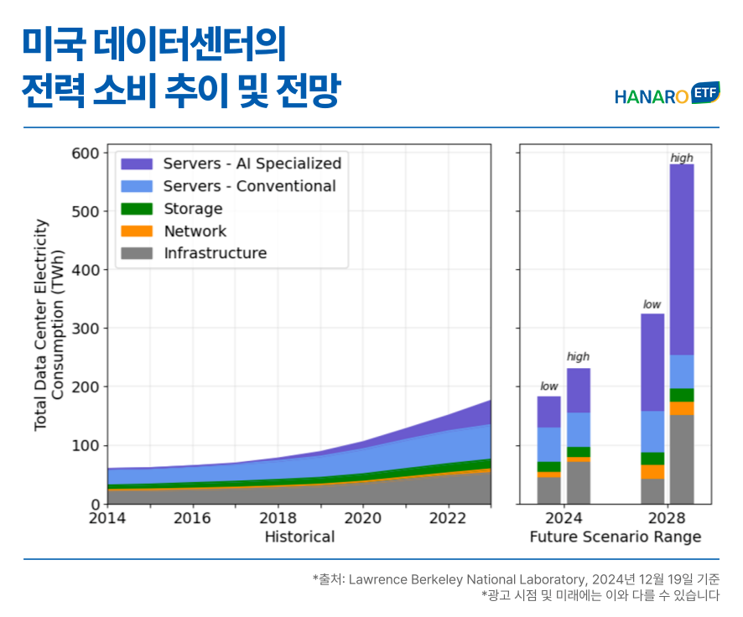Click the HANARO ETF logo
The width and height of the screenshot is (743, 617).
(666, 95)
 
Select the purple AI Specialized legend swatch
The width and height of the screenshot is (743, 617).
(137, 163)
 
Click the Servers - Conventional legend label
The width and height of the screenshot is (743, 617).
(249, 186)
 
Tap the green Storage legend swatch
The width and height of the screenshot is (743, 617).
(137, 209)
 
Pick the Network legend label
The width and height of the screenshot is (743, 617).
(195, 231)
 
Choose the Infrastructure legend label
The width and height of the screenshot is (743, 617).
(215, 253)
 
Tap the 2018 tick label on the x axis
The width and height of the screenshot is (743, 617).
(278, 519)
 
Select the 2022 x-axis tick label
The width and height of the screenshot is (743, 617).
(448, 519)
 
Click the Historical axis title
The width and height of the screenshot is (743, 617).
(299, 537)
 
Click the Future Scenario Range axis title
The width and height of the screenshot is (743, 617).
(615, 537)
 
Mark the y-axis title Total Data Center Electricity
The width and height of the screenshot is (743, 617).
(41, 325)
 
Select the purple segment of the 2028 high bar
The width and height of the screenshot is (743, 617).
(682, 260)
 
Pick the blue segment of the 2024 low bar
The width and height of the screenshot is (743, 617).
(549, 444)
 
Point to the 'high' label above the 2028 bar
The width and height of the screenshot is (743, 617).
(682, 158)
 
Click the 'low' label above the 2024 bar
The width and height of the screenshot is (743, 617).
(549, 386)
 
